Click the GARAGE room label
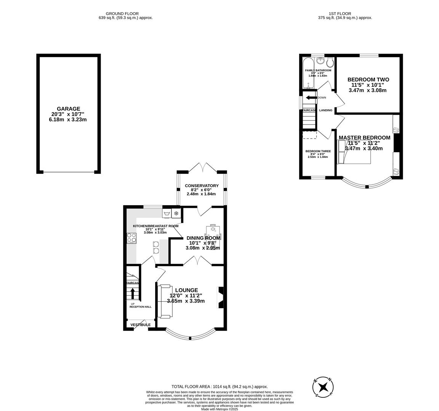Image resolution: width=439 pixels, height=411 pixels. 69,109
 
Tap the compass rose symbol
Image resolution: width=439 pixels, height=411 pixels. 324,387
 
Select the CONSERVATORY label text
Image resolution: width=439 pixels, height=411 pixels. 202,186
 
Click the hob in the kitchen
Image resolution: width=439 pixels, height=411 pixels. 131,238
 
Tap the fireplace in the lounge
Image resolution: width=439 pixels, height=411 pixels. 220,297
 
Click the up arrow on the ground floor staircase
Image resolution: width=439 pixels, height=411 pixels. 133,293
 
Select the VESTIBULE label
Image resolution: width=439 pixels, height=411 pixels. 140,325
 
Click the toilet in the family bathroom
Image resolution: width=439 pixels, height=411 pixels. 330,62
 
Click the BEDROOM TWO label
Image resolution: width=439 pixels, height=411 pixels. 368,80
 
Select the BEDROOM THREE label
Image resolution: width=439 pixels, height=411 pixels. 318,151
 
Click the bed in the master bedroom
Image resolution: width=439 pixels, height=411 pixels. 354,152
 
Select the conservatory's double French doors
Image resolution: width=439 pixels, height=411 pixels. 202,167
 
